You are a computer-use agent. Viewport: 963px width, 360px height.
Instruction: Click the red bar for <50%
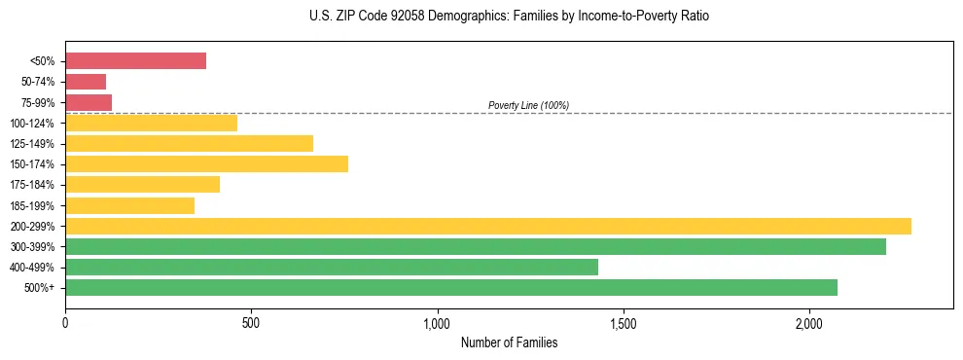(x=135, y=61)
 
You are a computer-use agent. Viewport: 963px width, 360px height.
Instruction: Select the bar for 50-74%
(x=86, y=82)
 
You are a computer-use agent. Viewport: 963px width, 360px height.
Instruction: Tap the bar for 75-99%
(x=89, y=102)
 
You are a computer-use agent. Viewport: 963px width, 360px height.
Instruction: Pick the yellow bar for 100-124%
(x=151, y=123)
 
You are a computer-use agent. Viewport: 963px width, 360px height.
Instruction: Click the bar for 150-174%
(x=206, y=163)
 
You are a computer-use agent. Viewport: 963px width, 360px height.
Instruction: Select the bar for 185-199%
(x=129, y=205)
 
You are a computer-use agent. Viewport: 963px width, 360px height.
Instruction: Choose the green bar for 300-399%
(x=476, y=246)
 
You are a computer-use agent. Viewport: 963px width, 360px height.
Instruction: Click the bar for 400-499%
(x=332, y=267)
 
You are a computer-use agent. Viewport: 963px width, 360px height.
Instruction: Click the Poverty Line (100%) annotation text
(x=528, y=105)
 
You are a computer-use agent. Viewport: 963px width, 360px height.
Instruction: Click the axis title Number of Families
(x=509, y=342)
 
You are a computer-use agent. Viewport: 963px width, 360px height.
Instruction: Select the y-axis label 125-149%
(x=32, y=144)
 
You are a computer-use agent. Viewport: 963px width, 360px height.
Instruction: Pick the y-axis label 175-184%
(x=32, y=185)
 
